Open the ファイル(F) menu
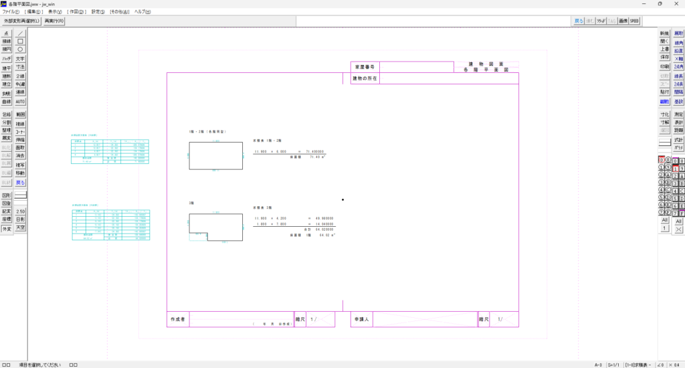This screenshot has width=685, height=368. coord(11,12)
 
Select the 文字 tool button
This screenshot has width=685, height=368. coord(20,59)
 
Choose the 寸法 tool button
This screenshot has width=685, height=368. coord(20,68)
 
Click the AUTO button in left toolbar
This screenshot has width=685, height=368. coord(20,102)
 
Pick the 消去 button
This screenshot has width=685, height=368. coord(20,156)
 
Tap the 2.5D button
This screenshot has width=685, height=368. coord(20,211)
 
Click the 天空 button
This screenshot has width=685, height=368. coord(20,228)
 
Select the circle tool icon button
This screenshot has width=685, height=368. coord(20,49)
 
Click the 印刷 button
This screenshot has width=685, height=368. coord(664,66)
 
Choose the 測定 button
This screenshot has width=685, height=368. coord(679,114)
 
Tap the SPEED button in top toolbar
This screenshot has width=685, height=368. coord(634,21)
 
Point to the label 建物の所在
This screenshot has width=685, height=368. coord(365,78)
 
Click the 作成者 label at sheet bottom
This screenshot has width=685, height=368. coord(177,320)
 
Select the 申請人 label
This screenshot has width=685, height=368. coord(361,320)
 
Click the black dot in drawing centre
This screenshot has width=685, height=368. coord(342,199)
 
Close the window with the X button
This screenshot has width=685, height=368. coord(676,3)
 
